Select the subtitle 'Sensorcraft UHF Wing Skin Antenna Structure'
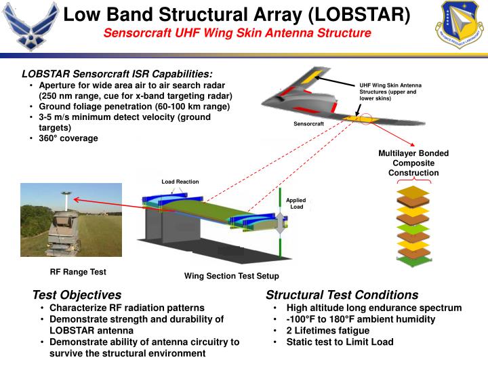(x=241, y=33)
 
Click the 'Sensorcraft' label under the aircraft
(x=309, y=124)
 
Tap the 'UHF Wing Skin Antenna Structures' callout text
(x=390, y=91)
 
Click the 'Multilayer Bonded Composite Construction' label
(x=413, y=163)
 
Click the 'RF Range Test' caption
(x=78, y=272)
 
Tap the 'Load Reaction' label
(x=180, y=182)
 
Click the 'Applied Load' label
(x=296, y=203)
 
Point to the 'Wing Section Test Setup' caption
(x=231, y=276)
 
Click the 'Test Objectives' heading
(x=77, y=295)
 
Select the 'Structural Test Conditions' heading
(x=342, y=295)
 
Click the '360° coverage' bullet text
(x=68, y=138)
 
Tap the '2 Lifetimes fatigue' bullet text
(x=328, y=331)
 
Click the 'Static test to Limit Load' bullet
(x=340, y=342)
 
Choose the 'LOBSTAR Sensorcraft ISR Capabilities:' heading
(x=117, y=73)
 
